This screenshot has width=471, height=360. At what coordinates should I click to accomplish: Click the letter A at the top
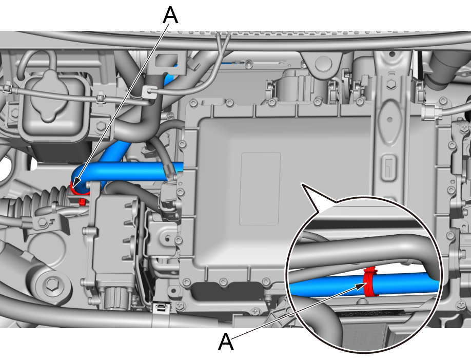(x=170, y=15)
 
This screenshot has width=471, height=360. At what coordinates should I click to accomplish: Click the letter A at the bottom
(x=226, y=341)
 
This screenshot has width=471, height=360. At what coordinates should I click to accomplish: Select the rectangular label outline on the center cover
(x=260, y=188)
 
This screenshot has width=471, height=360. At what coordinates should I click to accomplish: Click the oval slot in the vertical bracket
(x=389, y=119)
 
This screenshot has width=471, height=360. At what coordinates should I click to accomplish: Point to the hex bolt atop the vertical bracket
(x=391, y=85)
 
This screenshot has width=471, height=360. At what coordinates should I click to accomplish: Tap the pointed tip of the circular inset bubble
(x=302, y=183)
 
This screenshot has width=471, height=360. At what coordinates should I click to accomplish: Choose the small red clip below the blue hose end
(x=82, y=202)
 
